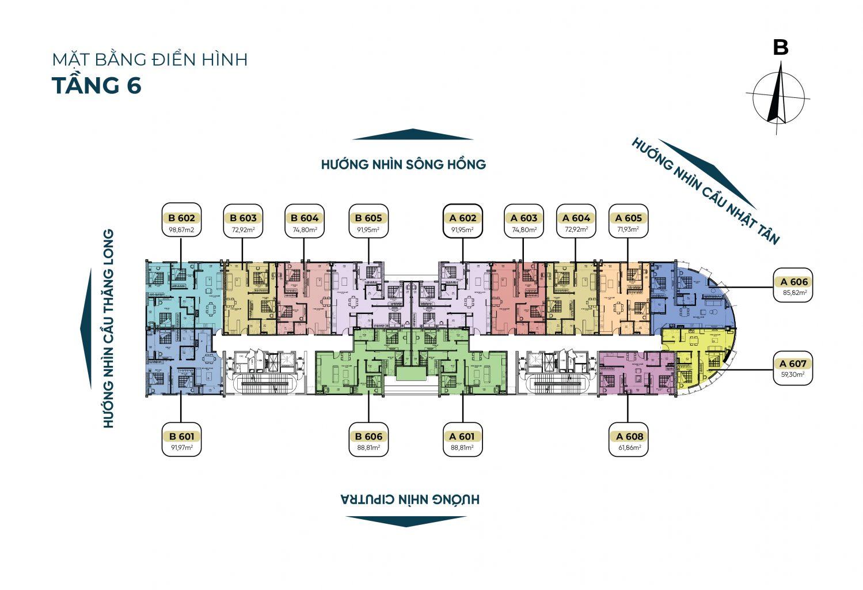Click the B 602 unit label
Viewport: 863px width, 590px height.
181,218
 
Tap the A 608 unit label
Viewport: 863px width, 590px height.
628,436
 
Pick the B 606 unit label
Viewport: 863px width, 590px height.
369,436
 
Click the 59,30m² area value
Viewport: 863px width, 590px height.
793,374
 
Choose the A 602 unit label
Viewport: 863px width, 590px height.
463,218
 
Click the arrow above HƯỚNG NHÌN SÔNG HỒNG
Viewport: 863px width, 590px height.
412,135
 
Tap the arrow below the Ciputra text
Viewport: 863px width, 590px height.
406,521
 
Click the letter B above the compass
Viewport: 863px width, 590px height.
780,47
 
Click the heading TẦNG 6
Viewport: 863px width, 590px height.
97,85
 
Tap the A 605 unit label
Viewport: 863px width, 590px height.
628,218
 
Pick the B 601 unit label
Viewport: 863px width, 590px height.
181,436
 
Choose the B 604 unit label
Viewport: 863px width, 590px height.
305,218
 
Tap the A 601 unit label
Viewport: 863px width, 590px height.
463,436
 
